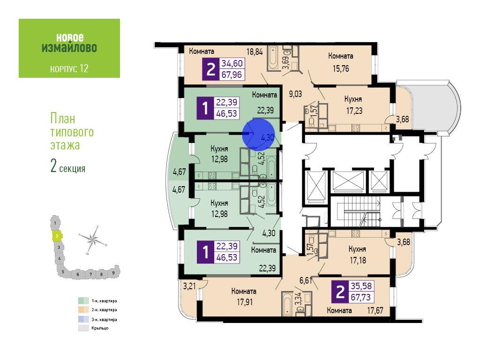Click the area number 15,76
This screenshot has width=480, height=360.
click(341, 68)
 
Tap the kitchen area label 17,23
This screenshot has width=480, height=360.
click(354, 111)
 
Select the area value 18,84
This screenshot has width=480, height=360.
click(255, 52)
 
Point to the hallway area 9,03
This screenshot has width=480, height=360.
click(295, 94)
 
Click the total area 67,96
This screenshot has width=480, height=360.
click(232, 75)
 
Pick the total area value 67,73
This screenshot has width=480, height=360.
click(360, 297)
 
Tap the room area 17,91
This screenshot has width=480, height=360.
click(245, 302)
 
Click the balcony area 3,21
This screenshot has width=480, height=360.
click(189, 286)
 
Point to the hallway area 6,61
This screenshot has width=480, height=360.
click(306, 280)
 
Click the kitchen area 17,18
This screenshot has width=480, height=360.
click(358, 261)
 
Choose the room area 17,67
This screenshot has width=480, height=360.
click(375, 311)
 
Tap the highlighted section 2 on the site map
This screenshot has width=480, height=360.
click(57, 236)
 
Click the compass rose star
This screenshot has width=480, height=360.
click(93, 239)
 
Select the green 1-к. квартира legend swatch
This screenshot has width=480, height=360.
click(83, 301)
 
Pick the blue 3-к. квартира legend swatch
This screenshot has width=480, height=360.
click(83, 319)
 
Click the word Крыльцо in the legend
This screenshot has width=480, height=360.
click(100, 328)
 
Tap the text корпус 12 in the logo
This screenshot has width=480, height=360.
click(69, 68)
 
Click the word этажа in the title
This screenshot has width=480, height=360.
click(65, 145)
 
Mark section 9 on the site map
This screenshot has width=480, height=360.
click(113, 272)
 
